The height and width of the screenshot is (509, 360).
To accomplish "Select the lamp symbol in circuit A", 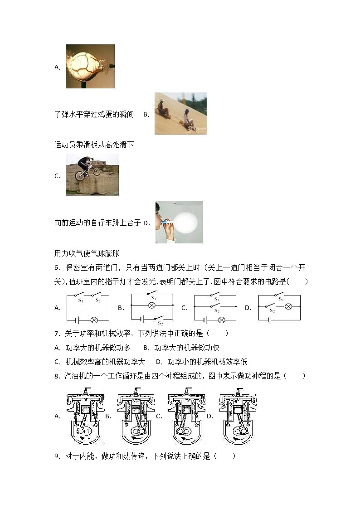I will (94, 320).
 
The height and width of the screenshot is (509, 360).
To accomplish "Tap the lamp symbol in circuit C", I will (222, 320).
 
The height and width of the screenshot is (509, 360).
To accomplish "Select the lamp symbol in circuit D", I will (288, 307).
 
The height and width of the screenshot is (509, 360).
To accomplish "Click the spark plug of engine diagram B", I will (136, 390).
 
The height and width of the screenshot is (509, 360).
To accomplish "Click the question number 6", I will (57, 268).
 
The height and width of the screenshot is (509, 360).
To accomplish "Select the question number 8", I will (57, 376).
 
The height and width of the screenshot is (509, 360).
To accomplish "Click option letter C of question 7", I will (57, 362).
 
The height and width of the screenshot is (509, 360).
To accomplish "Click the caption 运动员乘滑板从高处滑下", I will (94, 145).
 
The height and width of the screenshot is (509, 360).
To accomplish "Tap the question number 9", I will (57, 456).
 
